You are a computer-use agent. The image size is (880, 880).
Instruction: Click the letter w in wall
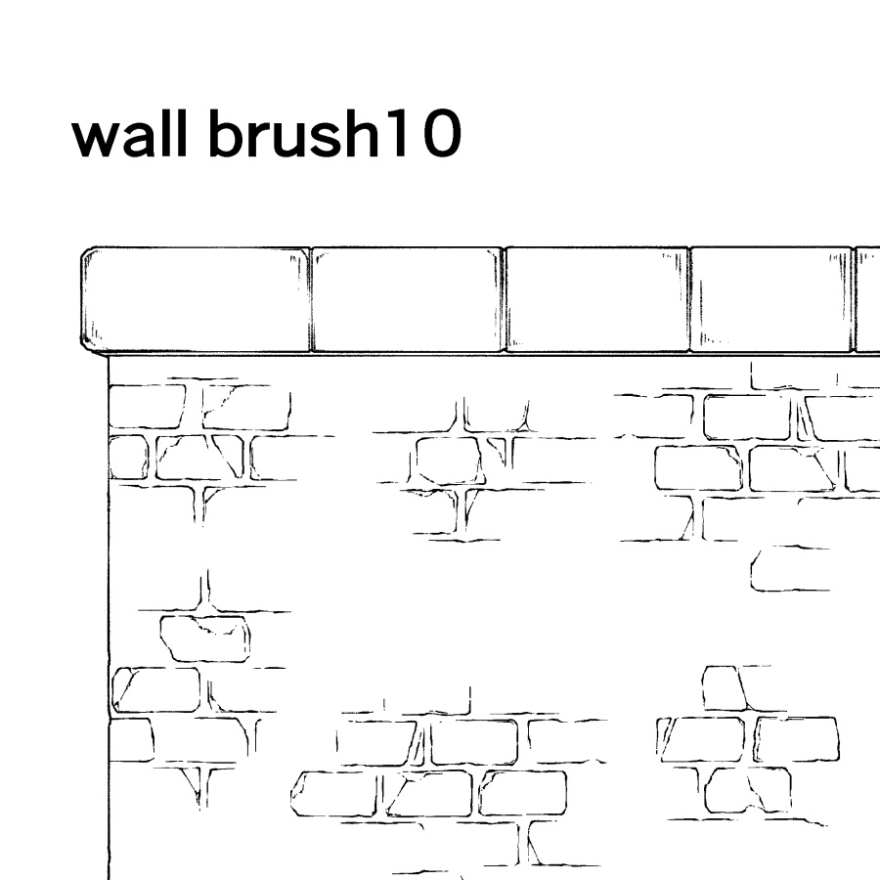pos(96,139)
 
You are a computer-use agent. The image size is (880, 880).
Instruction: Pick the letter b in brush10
pos(227,133)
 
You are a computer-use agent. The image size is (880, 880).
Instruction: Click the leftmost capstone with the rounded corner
pos(196,300)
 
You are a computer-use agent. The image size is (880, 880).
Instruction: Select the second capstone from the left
pos(407,300)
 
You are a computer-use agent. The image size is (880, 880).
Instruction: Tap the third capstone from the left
pos(596,300)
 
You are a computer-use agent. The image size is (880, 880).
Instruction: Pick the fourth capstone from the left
pos(771,300)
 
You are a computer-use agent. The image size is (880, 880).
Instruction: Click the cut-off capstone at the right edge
pos(867,300)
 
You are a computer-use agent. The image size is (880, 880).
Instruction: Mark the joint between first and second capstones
pos(310,300)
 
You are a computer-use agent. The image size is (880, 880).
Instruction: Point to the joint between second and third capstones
pos(504,300)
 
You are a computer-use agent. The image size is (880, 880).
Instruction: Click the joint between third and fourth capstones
pos(689,300)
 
